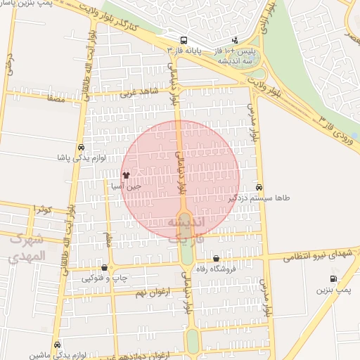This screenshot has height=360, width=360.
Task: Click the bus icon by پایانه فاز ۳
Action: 184,40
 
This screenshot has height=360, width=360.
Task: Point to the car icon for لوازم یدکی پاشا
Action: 82,147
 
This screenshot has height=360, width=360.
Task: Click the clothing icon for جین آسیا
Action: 126,175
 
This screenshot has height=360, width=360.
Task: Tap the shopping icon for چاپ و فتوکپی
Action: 105,266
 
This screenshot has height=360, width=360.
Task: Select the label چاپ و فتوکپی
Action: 105,278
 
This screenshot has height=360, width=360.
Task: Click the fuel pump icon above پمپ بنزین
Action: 333,279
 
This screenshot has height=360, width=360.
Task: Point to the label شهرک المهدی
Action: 28,248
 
